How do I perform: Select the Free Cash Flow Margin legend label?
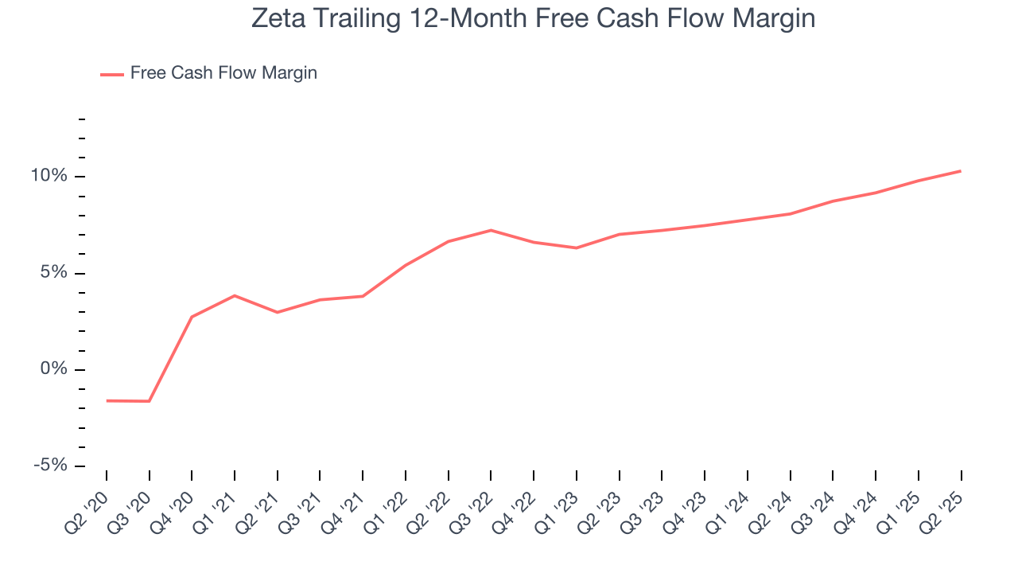pyautogui.click(x=223, y=73)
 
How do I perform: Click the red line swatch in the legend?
pyautogui.click(x=112, y=74)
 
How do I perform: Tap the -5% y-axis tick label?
pyautogui.click(x=49, y=466)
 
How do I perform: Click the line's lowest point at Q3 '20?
pyautogui.click(x=150, y=401)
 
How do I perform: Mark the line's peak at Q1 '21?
pyautogui.click(x=235, y=295)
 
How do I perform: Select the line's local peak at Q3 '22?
pyautogui.click(x=491, y=230)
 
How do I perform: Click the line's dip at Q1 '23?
pyautogui.click(x=577, y=248)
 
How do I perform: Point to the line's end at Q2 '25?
pyautogui.click(x=961, y=171)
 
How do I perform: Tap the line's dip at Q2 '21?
pyautogui.click(x=278, y=312)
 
